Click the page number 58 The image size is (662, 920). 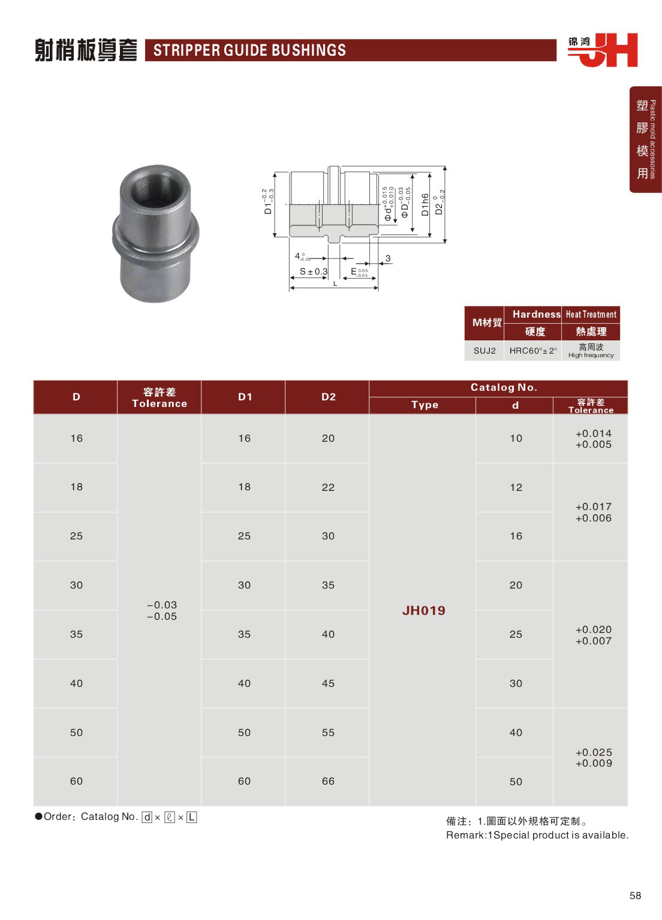(635, 896)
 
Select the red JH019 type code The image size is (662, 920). (424, 610)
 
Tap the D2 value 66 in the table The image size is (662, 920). (328, 781)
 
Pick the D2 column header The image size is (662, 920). (329, 397)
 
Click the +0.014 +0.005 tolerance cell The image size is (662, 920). (594, 439)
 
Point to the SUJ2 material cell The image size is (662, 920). (485, 351)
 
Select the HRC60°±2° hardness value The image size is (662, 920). (533, 351)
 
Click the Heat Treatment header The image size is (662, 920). (591, 315)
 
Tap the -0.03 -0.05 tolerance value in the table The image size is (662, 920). (162, 611)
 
